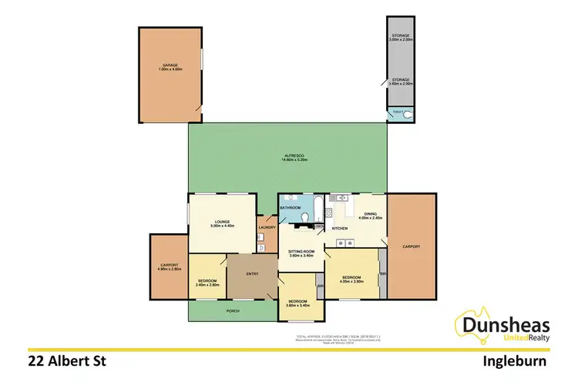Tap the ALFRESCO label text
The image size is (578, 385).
pyautogui.click(x=289, y=158)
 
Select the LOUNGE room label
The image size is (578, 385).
pyautogui.click(x=222, y=222)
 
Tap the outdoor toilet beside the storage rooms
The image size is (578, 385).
pyautogui.click(x=408, y=115)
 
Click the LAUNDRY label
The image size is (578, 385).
pyautogui.click(x=267, y=227)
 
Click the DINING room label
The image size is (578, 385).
pyautogui.click(x=370, y=214)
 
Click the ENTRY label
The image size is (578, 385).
pyautogui.click(x=253, y=273)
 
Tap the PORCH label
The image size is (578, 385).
pyautogui.click(x=233, y=311)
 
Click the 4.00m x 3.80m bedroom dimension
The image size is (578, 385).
pyautogui.click(x=351, y=280)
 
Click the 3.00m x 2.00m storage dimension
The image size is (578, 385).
pyautogui.click(x=402, y=38)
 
